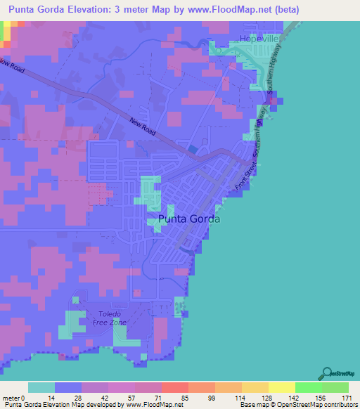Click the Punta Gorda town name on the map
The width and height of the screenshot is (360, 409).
click(189, 219)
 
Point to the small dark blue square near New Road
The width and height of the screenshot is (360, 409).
click(193, 148)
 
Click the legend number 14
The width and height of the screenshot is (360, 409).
click(55, 397)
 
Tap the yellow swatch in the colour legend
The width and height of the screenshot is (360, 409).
click(281, 387)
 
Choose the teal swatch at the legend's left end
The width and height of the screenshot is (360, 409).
click(41, 387)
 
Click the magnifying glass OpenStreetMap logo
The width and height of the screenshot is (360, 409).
click(327, 373)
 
